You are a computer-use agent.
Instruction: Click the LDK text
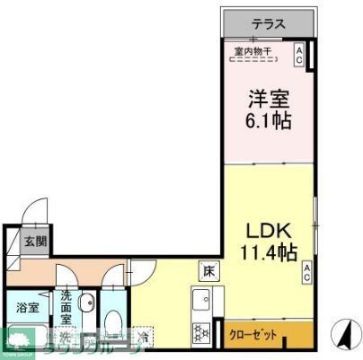point(264,228)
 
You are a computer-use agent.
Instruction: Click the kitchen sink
point(199,300)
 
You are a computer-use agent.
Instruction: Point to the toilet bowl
point(113,323)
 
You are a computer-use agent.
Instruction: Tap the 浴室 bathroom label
point(27,308)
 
